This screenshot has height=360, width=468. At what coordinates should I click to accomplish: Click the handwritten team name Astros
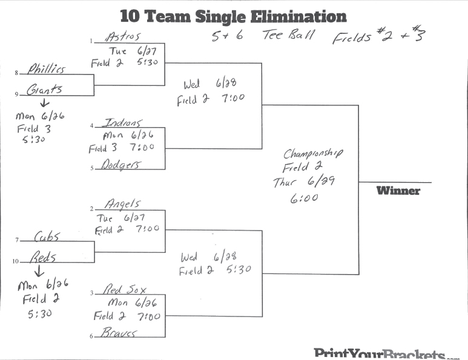[123, 36]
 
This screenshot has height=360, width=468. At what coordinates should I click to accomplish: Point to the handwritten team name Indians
[124, 122]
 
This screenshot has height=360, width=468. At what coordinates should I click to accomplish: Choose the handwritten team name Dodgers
[121, 164]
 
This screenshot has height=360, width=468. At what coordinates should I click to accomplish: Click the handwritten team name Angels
[122, 204]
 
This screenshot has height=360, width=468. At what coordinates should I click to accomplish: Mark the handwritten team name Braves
[119, 332]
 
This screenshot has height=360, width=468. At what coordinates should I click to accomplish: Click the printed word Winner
[398, 191]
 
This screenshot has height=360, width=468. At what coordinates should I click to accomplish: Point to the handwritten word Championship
[313, 153]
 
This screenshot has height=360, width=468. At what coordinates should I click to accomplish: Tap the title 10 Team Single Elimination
[233, 16]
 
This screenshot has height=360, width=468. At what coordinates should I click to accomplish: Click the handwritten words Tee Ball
[288, 35]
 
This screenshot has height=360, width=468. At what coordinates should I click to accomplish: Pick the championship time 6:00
[305, 197]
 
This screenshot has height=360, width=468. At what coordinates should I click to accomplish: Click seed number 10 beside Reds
[16, 262]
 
